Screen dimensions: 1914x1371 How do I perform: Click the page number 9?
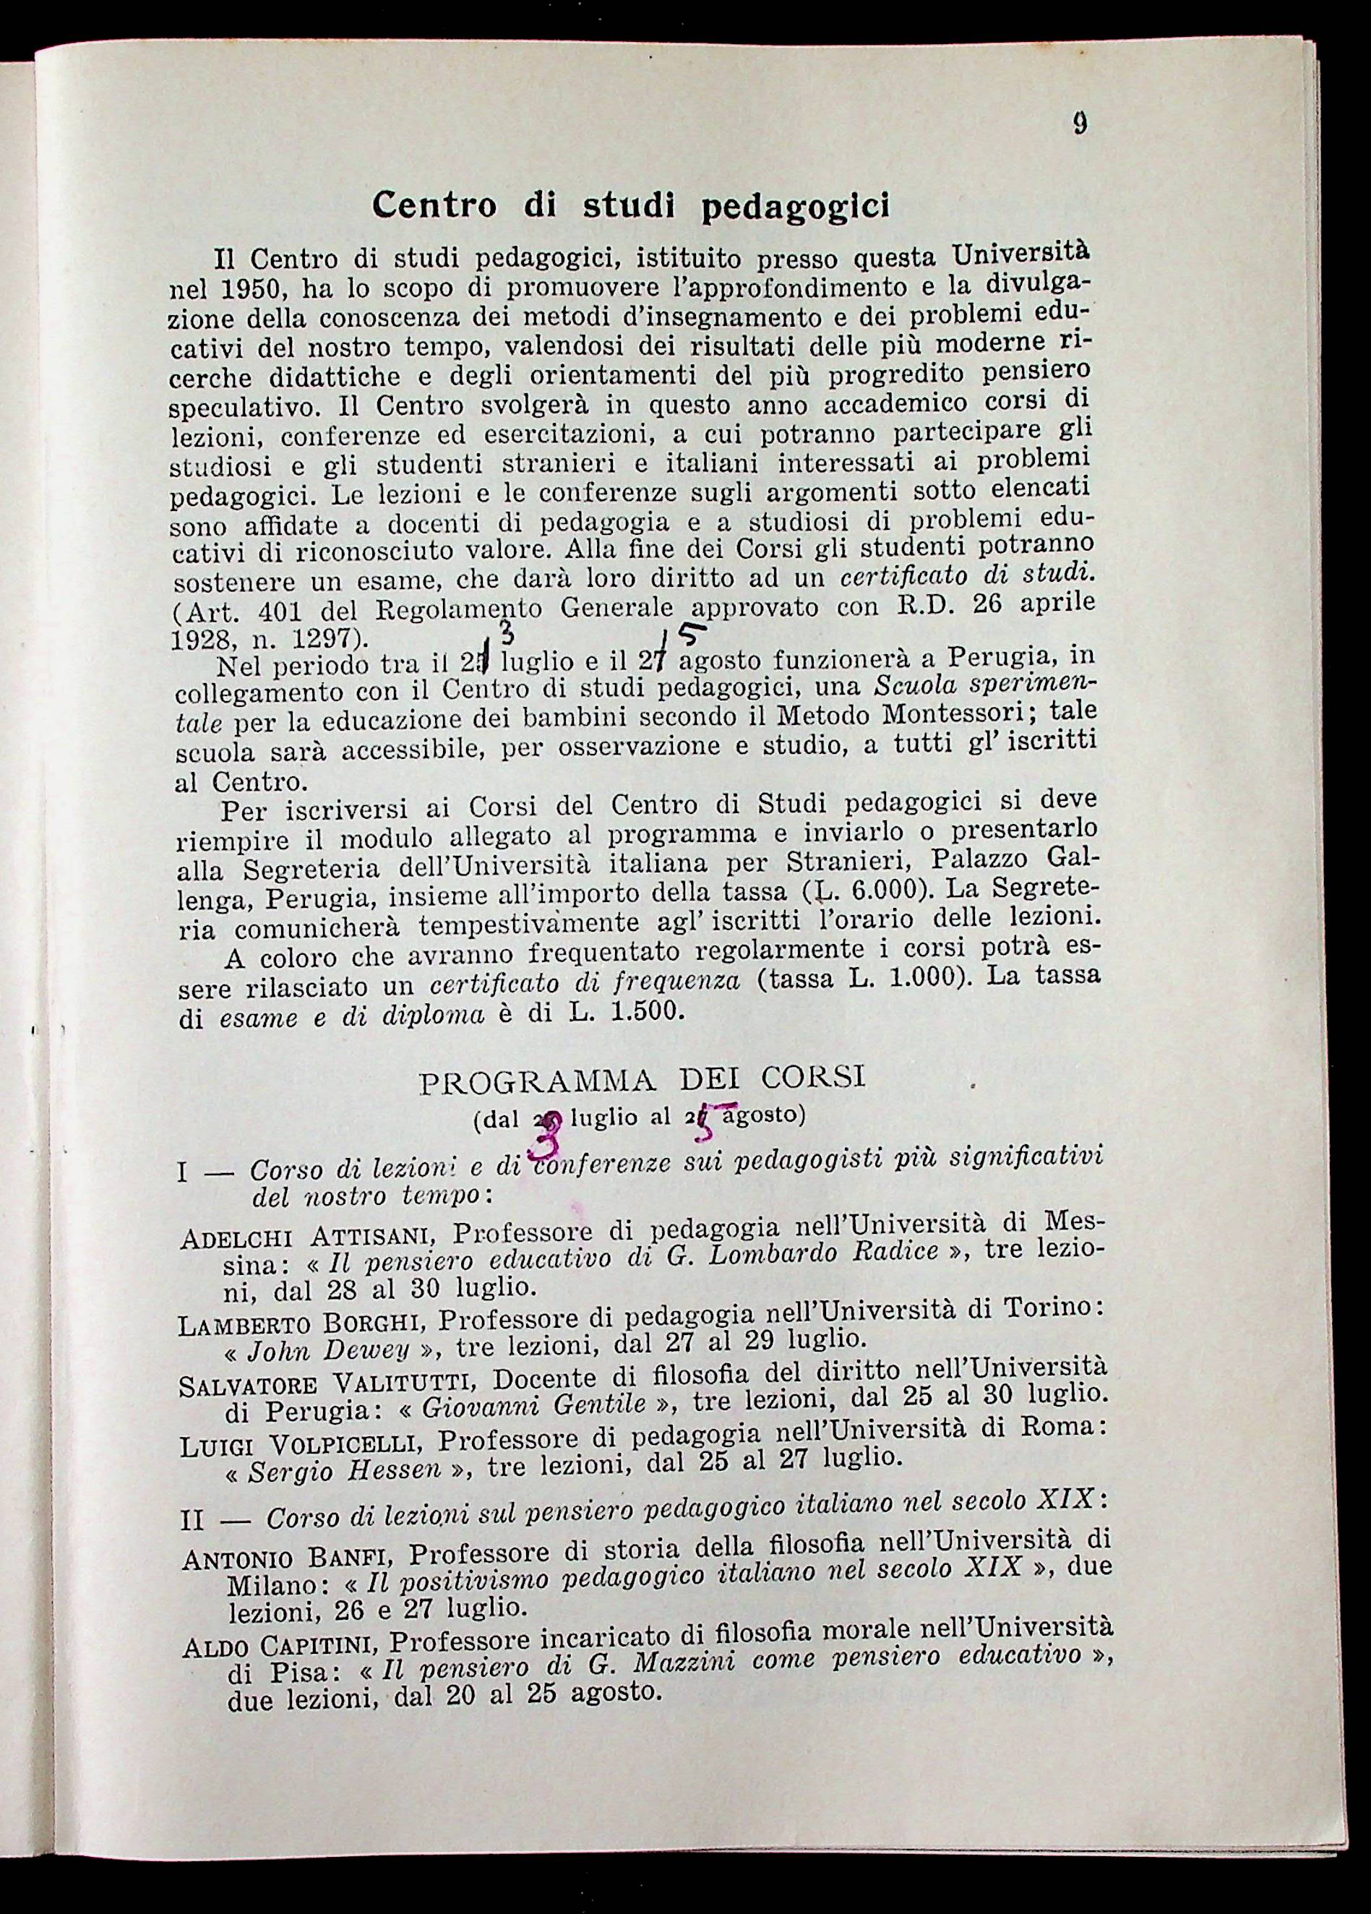click(x=1080, y=124)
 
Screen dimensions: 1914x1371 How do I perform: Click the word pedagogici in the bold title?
click(x=796, y=206)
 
